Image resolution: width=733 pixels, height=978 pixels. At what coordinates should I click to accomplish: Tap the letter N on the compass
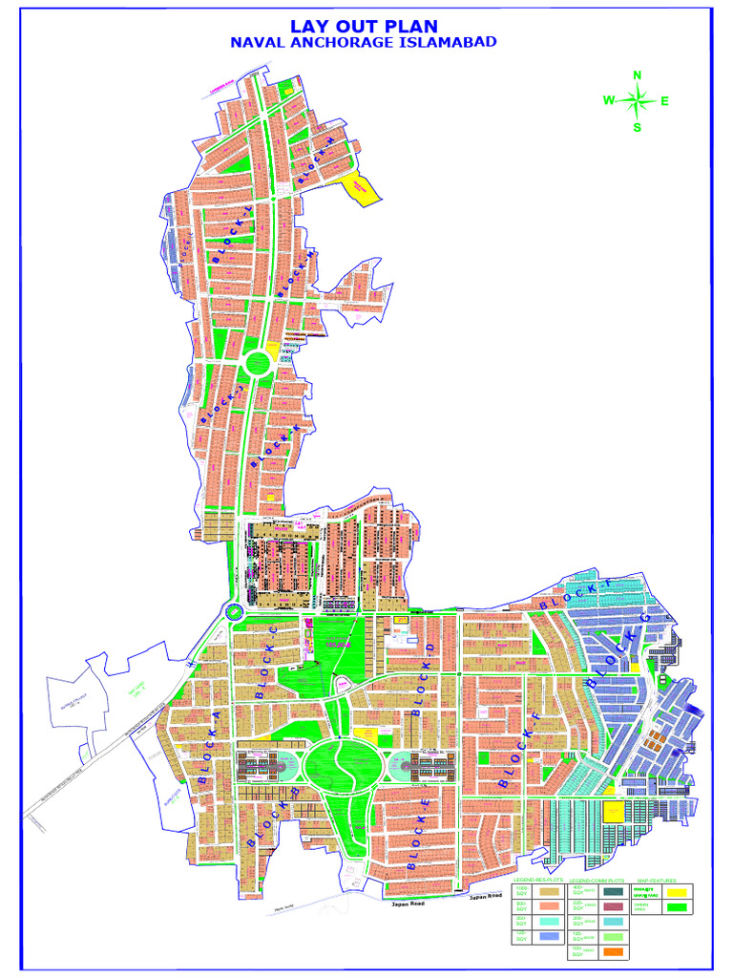point(638,76)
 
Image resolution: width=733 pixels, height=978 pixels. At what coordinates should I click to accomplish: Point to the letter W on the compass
point(609,100)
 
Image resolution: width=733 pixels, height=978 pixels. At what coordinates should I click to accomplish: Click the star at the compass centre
point(638,100)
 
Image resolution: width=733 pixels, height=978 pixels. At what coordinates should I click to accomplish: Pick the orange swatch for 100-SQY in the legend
point(615,952)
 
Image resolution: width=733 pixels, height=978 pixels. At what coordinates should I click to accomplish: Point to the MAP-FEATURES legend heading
point(655,879)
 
